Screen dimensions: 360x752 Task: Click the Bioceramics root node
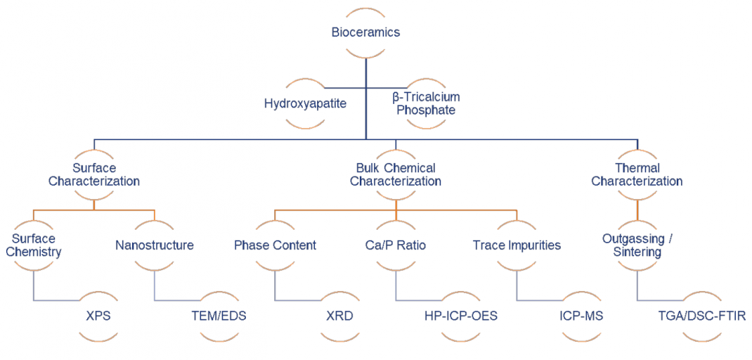click(x=365, y=32)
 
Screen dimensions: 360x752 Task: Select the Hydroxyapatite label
click(x=306, y=104)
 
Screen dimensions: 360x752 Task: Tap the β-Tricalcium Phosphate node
click(x=426, y=104)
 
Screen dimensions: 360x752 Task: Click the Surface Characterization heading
click(x=94, y=174)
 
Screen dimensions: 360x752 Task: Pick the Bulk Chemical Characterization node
click(x=396, y=174)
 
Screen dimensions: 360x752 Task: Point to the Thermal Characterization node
click(x=637, y=174)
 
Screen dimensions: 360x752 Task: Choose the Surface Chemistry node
click(x=34, y=245)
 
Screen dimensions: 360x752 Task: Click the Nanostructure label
click(x=154, y=245)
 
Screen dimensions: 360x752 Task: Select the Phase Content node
click(x=275, y=245)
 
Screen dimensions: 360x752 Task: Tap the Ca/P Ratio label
click(x=396, y=245)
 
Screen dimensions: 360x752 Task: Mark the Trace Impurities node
click(x=517, y=245)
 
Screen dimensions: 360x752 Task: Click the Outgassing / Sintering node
click(x=637, y=245)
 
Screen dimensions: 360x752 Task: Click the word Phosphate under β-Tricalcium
click(x=426, y=110)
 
